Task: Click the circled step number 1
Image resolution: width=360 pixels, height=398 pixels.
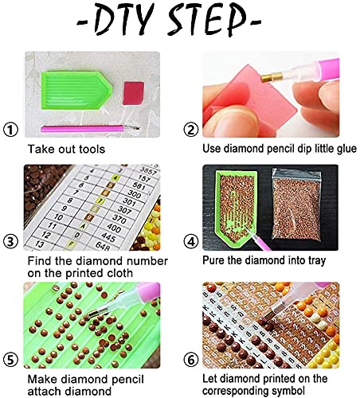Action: (x=10, y=130)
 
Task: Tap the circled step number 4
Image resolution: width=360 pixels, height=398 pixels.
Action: (x=191, y=242)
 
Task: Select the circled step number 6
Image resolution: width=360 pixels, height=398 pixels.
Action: (x=191, y=360)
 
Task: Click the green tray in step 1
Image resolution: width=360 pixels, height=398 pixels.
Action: (x=76, y=90)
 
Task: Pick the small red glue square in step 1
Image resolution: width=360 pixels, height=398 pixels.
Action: (x=133, y=93)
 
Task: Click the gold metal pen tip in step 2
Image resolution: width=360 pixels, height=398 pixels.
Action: (x=270, y=77)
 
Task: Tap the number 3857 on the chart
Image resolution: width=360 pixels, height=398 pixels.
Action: (x=148, y=170)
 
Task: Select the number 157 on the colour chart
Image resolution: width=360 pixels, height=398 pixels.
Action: (x=144, y=178)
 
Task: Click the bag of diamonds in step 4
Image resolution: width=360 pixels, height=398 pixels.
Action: (x=296, y=209)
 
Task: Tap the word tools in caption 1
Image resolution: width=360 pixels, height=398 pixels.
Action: (x=91, y=149)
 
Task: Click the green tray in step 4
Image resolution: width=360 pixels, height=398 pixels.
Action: (x=237, y=209)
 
